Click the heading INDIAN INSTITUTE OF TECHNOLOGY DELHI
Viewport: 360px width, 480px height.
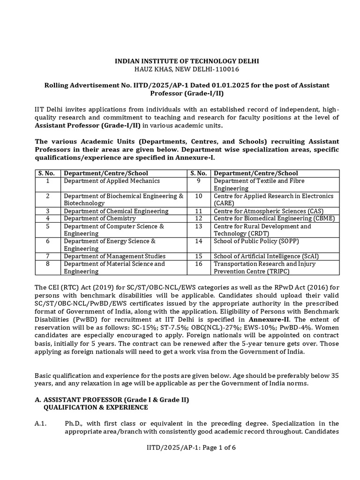click(180, 61)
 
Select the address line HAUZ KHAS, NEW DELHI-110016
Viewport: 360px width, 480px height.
click(180, 69)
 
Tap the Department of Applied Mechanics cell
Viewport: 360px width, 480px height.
click(112, 181)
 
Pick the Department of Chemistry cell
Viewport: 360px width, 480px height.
click(100, 218)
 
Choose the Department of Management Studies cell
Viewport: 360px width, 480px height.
click(115, 256)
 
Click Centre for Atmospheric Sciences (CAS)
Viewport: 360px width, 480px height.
click(269, 211)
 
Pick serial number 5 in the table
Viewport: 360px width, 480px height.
click(47, 226)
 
